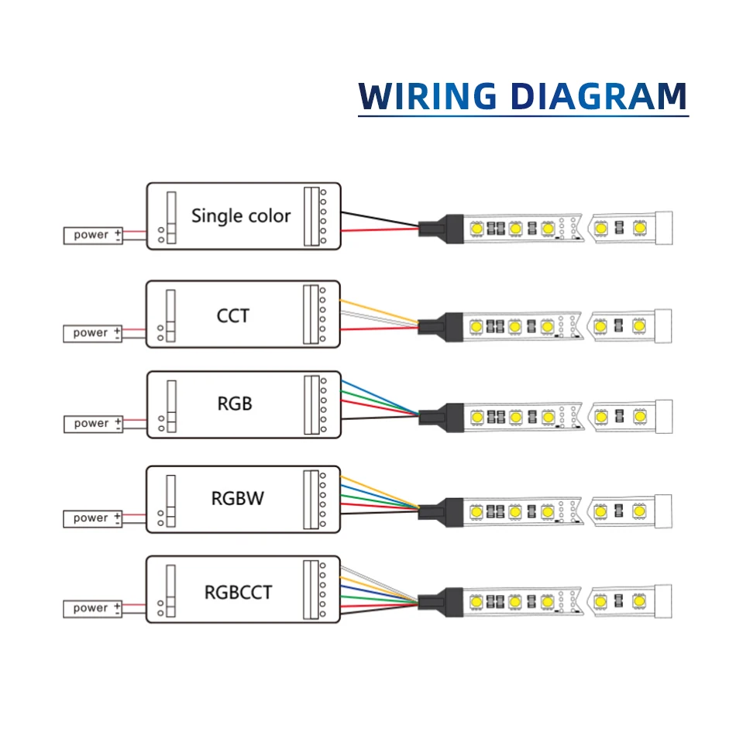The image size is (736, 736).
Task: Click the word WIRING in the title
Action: (x=427, y=96)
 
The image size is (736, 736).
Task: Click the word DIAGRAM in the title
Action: (x=598, y=96)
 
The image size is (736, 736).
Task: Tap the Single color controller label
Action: (x=241, y=216)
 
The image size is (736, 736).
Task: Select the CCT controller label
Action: (x=233, y=316)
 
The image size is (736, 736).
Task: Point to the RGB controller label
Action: (x=235, y=404)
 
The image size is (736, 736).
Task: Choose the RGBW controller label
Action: (x=238, y=498)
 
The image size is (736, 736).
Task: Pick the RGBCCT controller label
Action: (x=238, y=593)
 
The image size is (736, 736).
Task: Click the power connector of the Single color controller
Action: (x=93, y=236)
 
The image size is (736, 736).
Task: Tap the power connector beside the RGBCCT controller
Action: (x=92, y=609)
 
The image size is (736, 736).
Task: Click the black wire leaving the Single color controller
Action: (x=380, y=219)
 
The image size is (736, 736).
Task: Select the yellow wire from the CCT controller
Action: (x=380, y=311)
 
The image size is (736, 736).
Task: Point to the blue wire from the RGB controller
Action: (x=380, y=397)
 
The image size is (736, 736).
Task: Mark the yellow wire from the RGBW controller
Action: (x=380, y=492)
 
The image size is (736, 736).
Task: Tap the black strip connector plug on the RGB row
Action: (x=442, y=418)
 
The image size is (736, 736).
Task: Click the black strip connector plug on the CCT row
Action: (x=441, y=327)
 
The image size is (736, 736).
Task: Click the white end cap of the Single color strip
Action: (x=664, y=228)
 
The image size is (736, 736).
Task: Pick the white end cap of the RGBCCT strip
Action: (x=662, y=601)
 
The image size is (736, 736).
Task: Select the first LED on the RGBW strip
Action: (x=476, y=511)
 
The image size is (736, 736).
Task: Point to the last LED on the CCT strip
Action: (x=639, y=325)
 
